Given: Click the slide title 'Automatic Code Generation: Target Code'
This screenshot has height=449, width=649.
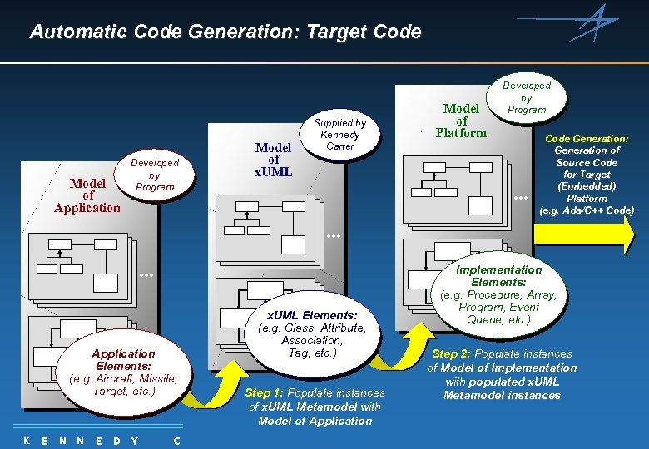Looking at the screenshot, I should pos(225,32).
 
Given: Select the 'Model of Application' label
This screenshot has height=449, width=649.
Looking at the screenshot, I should pos(87,195).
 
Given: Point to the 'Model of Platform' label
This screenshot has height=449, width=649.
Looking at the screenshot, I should pos(461,121).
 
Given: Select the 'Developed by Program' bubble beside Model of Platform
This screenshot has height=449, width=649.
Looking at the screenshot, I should pos(526,97).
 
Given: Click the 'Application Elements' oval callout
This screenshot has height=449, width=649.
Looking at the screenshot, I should pos(124,373).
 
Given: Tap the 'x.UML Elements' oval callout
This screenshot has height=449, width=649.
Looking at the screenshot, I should pos(312,333).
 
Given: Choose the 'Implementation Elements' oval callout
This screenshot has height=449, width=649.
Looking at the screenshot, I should pos(498,294).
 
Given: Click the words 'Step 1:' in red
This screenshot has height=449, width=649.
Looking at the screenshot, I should pos(264,392).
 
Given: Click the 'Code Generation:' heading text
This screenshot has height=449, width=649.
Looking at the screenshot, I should pos(587,139).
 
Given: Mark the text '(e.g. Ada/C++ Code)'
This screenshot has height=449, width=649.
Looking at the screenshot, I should pos(587,210).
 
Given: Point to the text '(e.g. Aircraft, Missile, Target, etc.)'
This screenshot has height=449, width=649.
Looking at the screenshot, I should pos(124,385).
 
